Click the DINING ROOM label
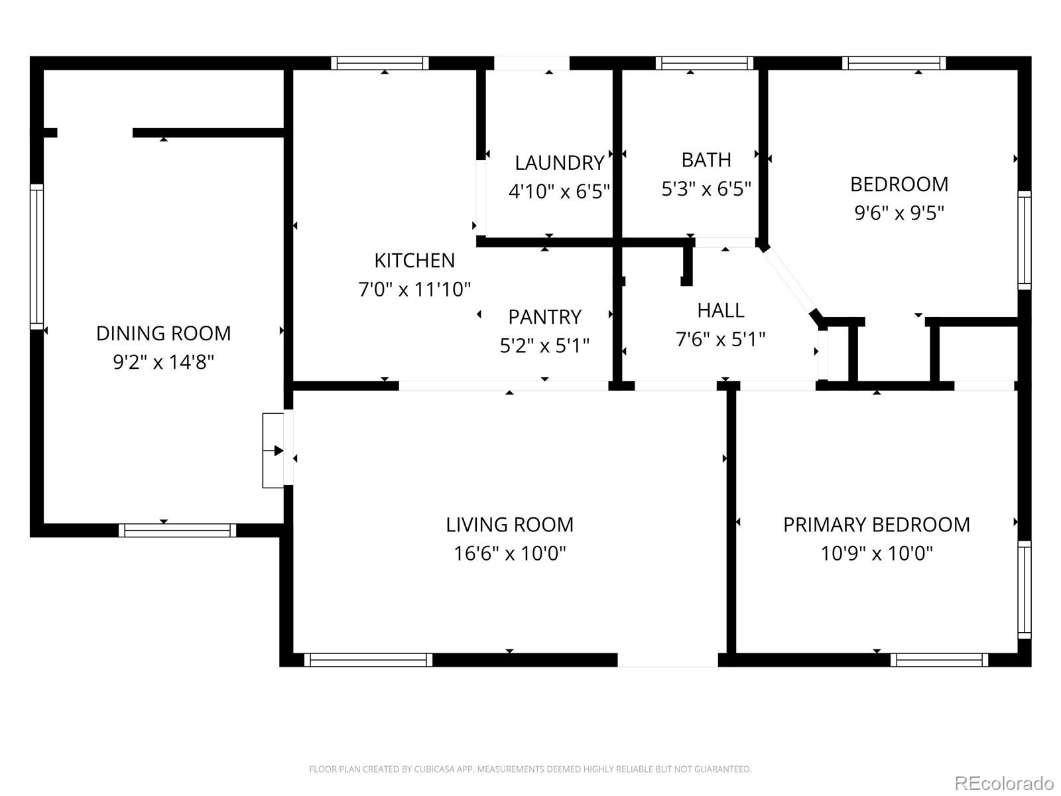tap(163, 333)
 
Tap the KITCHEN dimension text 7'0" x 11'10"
tap(414, 289)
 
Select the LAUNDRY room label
tap(559, 163)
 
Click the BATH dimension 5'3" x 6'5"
tap(706, 189)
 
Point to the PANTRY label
tap(544, 316)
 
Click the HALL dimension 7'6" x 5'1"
tap(720, 340)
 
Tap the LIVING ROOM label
tap(509, 525)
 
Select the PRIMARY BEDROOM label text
tap(876, 525)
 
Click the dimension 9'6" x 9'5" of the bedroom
tap(899, 213)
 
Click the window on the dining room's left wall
tap(36, 257)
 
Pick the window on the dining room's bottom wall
tap(177, 530)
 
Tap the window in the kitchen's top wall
tap(380, 63)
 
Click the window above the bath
tap(704, 63)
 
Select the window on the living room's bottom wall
tap(368, 659)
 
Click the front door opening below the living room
tap(667, 659)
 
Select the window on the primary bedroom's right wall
tap(1025, 589)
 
